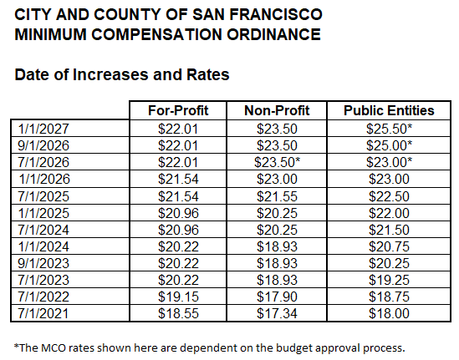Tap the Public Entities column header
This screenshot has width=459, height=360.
390,110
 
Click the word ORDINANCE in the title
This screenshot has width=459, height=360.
267,35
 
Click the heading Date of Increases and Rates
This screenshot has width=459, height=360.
122,75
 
